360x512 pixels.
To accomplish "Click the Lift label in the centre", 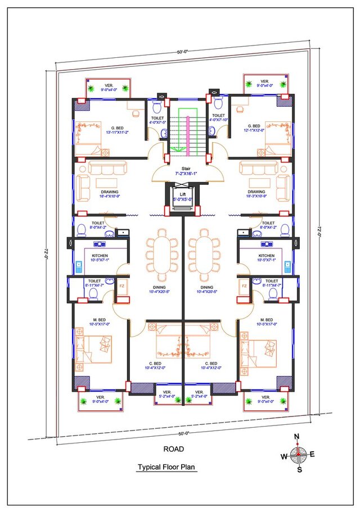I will (x=182, y=194).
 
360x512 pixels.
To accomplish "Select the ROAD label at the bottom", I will (x=173, y=448).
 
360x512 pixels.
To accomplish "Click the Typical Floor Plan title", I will (x=168, y=467).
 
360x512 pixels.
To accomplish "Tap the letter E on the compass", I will (x=312, y=454).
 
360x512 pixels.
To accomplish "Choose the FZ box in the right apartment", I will (x=244, y=286).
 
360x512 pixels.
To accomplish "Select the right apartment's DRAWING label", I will (x=256, y=192).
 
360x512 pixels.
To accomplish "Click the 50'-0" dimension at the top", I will (x=182, y=52).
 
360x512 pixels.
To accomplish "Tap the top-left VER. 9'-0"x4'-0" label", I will (x=107, y=84).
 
